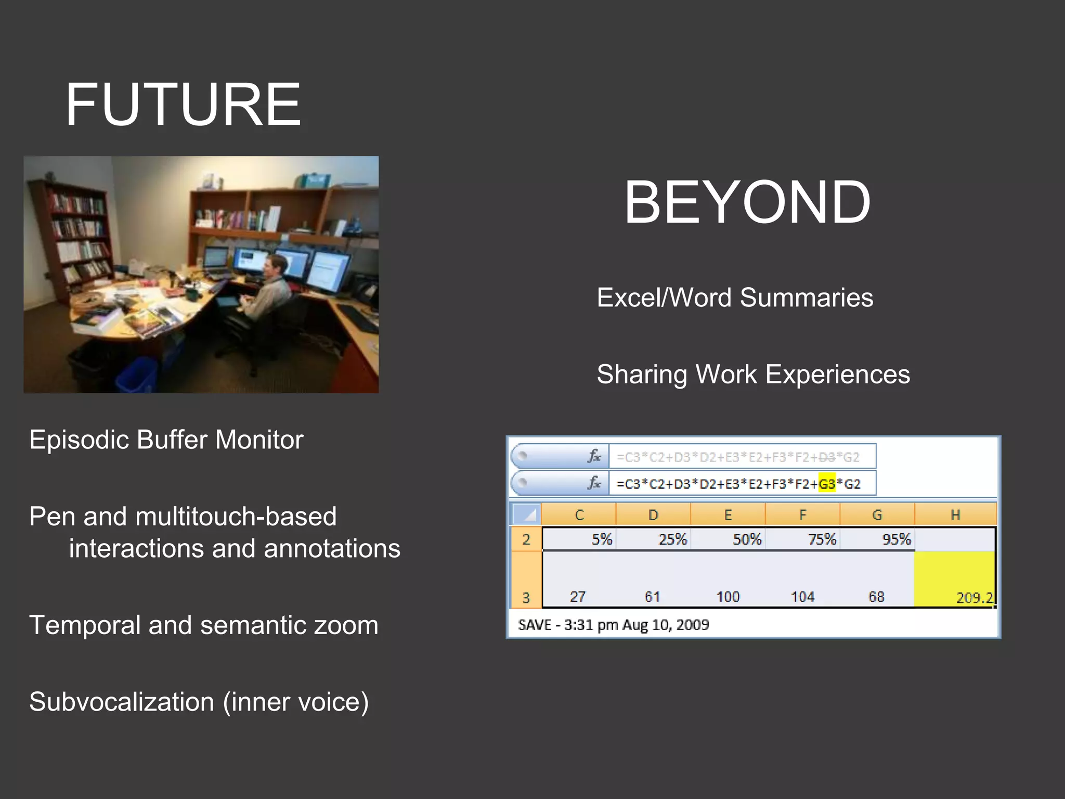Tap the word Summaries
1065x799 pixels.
coord(806,298)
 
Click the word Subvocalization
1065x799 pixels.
coord(121,702)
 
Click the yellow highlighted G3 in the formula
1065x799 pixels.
coord(826,484)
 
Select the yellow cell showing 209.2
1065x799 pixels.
coord(955,578)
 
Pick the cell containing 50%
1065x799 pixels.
coord(728,539)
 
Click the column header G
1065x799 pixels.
coord(877,514)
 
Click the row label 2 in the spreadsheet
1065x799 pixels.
coord(526,539)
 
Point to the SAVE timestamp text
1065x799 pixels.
coord(613,624)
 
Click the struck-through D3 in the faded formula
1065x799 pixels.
coord(827,457)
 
